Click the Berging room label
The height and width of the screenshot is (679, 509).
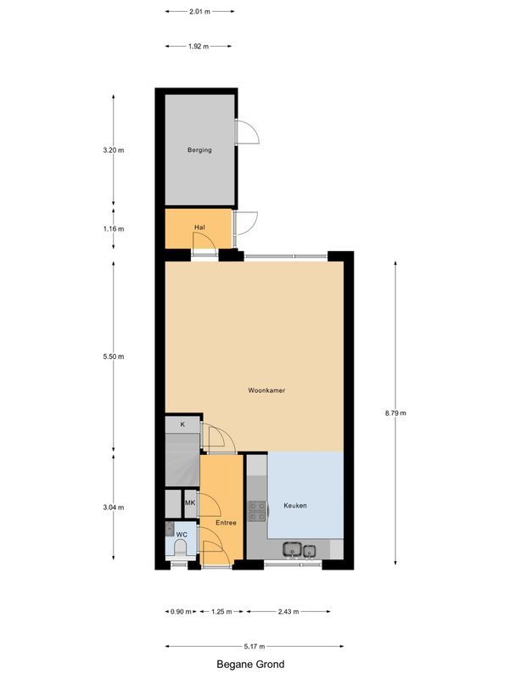[x=199, y=150]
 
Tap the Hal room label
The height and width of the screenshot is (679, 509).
[x=199, y=227]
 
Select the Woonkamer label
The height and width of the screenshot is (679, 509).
[x=266, y=391]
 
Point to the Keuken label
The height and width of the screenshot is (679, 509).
[x=295, y=506]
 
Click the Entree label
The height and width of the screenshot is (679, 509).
[x=226, y=523]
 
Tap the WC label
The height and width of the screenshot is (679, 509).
[x=181, y=534]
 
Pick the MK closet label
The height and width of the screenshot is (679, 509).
[x=190, y=503]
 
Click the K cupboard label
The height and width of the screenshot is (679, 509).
[x=182, y=424]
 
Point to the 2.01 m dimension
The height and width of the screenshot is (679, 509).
[x=199, y=12]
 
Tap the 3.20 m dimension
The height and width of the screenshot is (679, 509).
[x=114, y=150]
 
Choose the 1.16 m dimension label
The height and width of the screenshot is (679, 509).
[x=114, y=228]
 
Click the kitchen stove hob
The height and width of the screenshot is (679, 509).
[x=256, y=511]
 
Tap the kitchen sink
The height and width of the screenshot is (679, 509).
[x=300, y=550]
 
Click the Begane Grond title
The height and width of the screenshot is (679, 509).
[x=249, y=665]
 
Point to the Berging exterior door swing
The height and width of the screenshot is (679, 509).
[x=246, y=132]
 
